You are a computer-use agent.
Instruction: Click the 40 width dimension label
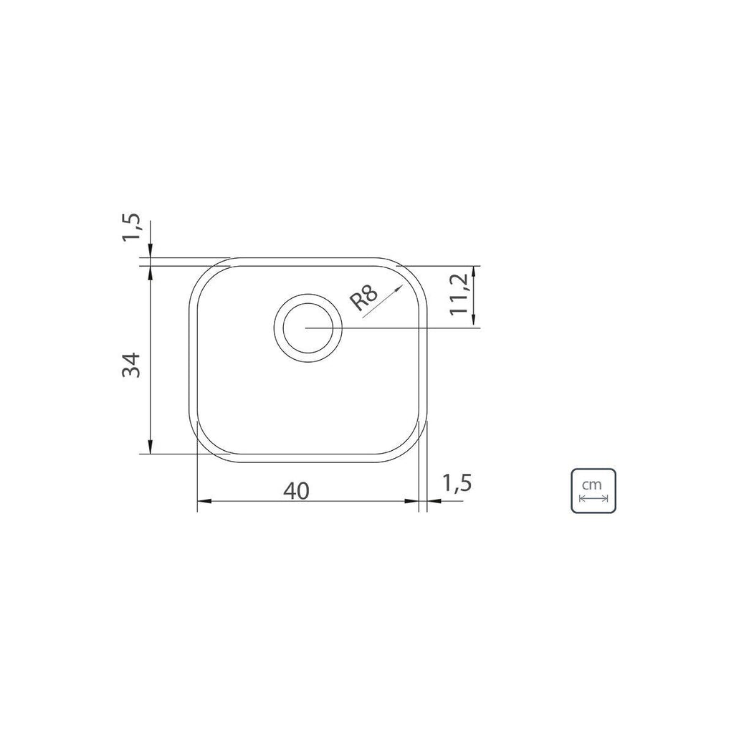click(x=296, y=490)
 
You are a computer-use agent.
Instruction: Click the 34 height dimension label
click(x=131, y=365)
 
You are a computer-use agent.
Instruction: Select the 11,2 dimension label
click(x=459, y=294)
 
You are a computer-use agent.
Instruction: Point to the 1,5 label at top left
click(x=131, y=227)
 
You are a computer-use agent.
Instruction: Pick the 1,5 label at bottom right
click(x=457, y=483)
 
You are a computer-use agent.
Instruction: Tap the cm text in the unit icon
click(x=591, y=484)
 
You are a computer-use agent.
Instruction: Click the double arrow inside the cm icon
click(x=593, y=498)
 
